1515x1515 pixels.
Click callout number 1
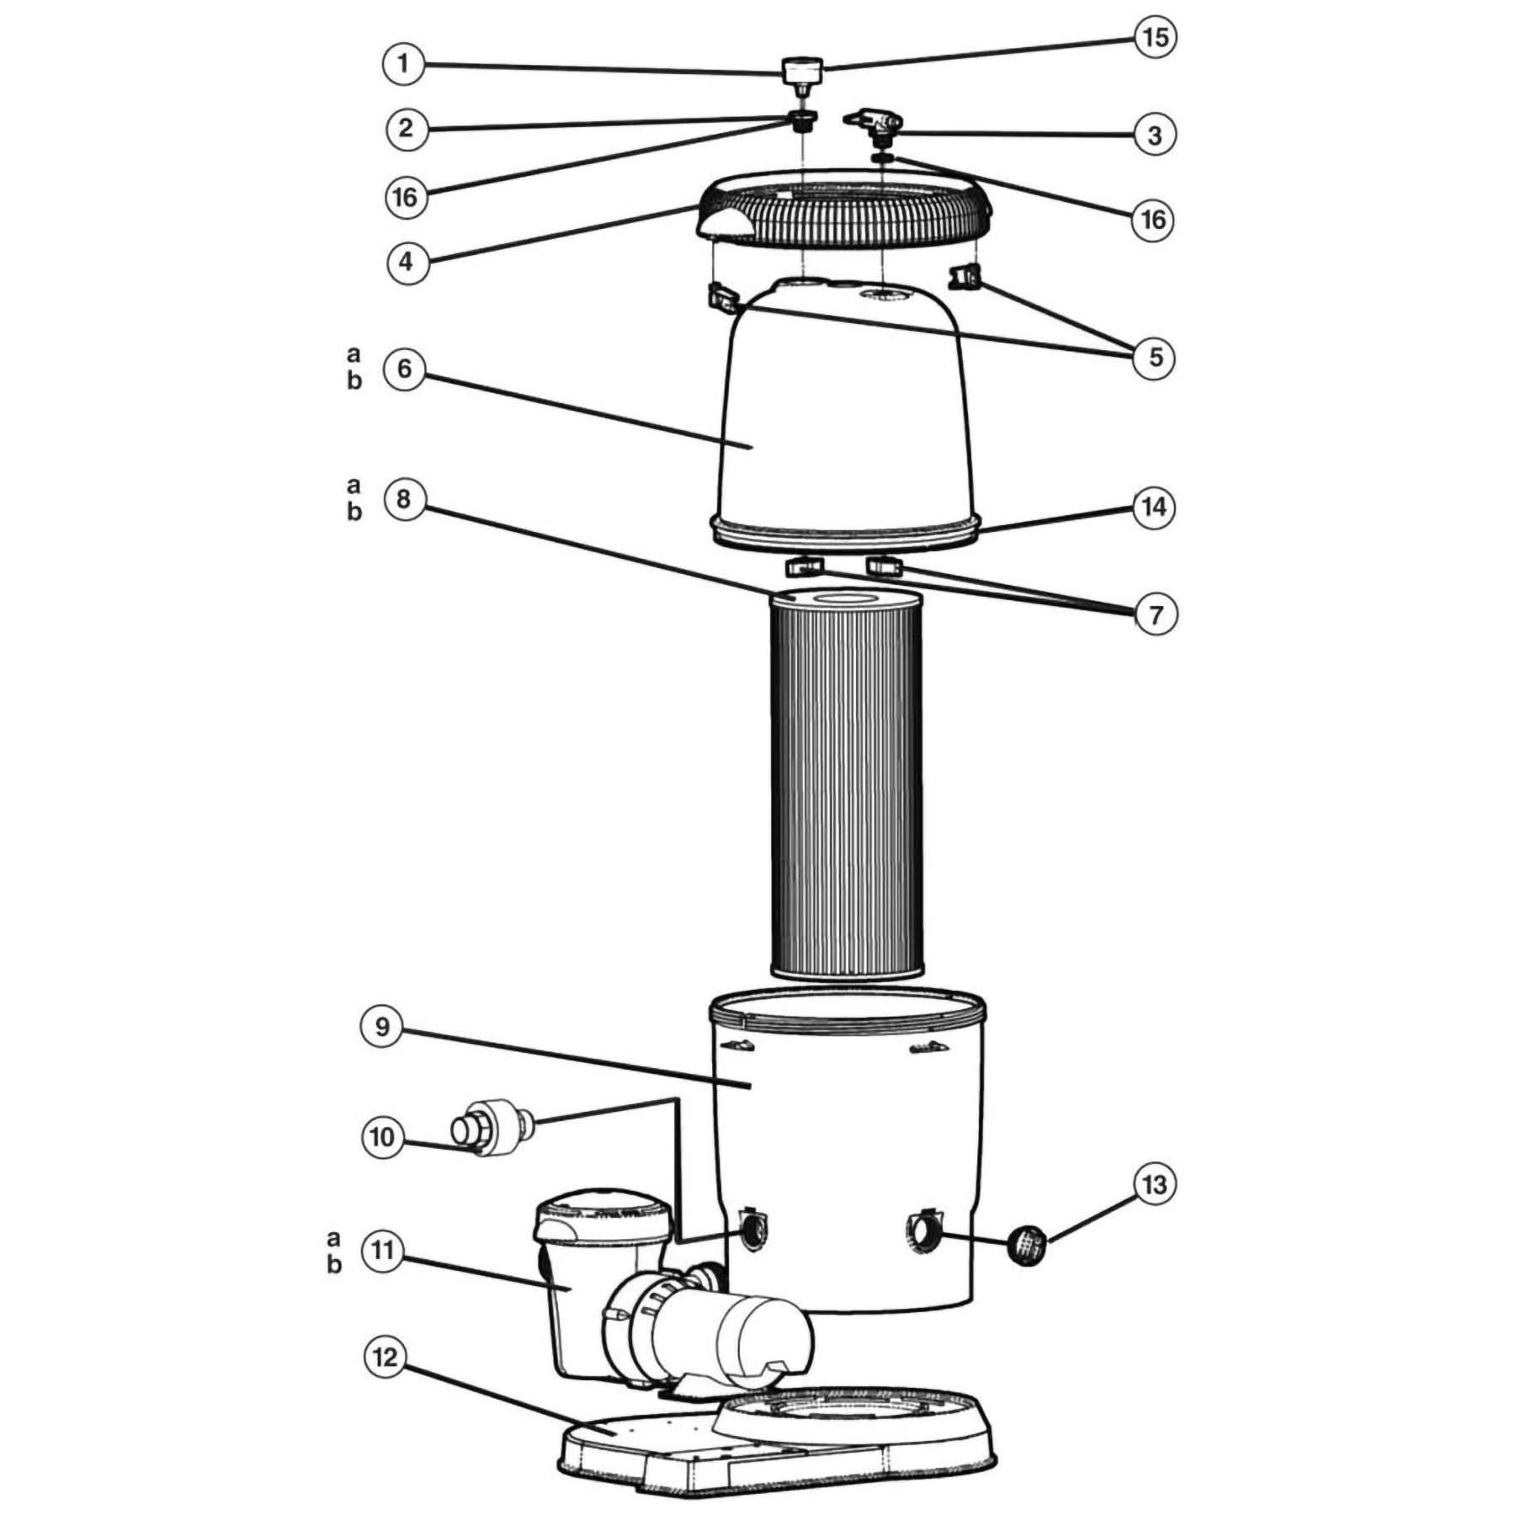point(404,64)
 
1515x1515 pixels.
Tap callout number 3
point(1155,135)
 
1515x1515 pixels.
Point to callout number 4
point(406,261)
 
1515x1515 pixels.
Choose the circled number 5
point(1155,357)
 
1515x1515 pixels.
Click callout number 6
point(404,369)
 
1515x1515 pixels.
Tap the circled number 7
point(1155,614)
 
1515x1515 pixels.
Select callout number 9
point(383,1027)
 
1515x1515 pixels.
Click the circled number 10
point(382,1137)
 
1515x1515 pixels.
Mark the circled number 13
point(1154,1184)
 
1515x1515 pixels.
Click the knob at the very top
point(802,71)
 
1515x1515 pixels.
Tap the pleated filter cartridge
point(847,783)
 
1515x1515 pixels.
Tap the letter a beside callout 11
point(334,1238)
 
